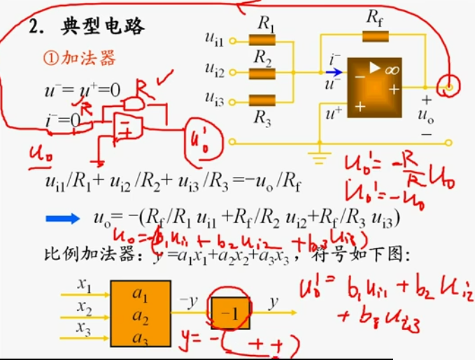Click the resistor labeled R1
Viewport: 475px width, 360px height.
click(263, 42)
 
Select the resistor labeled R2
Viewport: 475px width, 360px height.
click(263, 71)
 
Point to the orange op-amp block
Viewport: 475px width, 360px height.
click(375, 86)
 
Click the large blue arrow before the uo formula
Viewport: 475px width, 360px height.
click(63, 218)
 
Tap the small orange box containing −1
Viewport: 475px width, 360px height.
click(229, 313)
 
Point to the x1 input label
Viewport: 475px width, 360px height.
click(85, 285)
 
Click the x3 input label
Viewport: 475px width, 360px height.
click(85, 326)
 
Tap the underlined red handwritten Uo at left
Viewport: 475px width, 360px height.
click(39, 152)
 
